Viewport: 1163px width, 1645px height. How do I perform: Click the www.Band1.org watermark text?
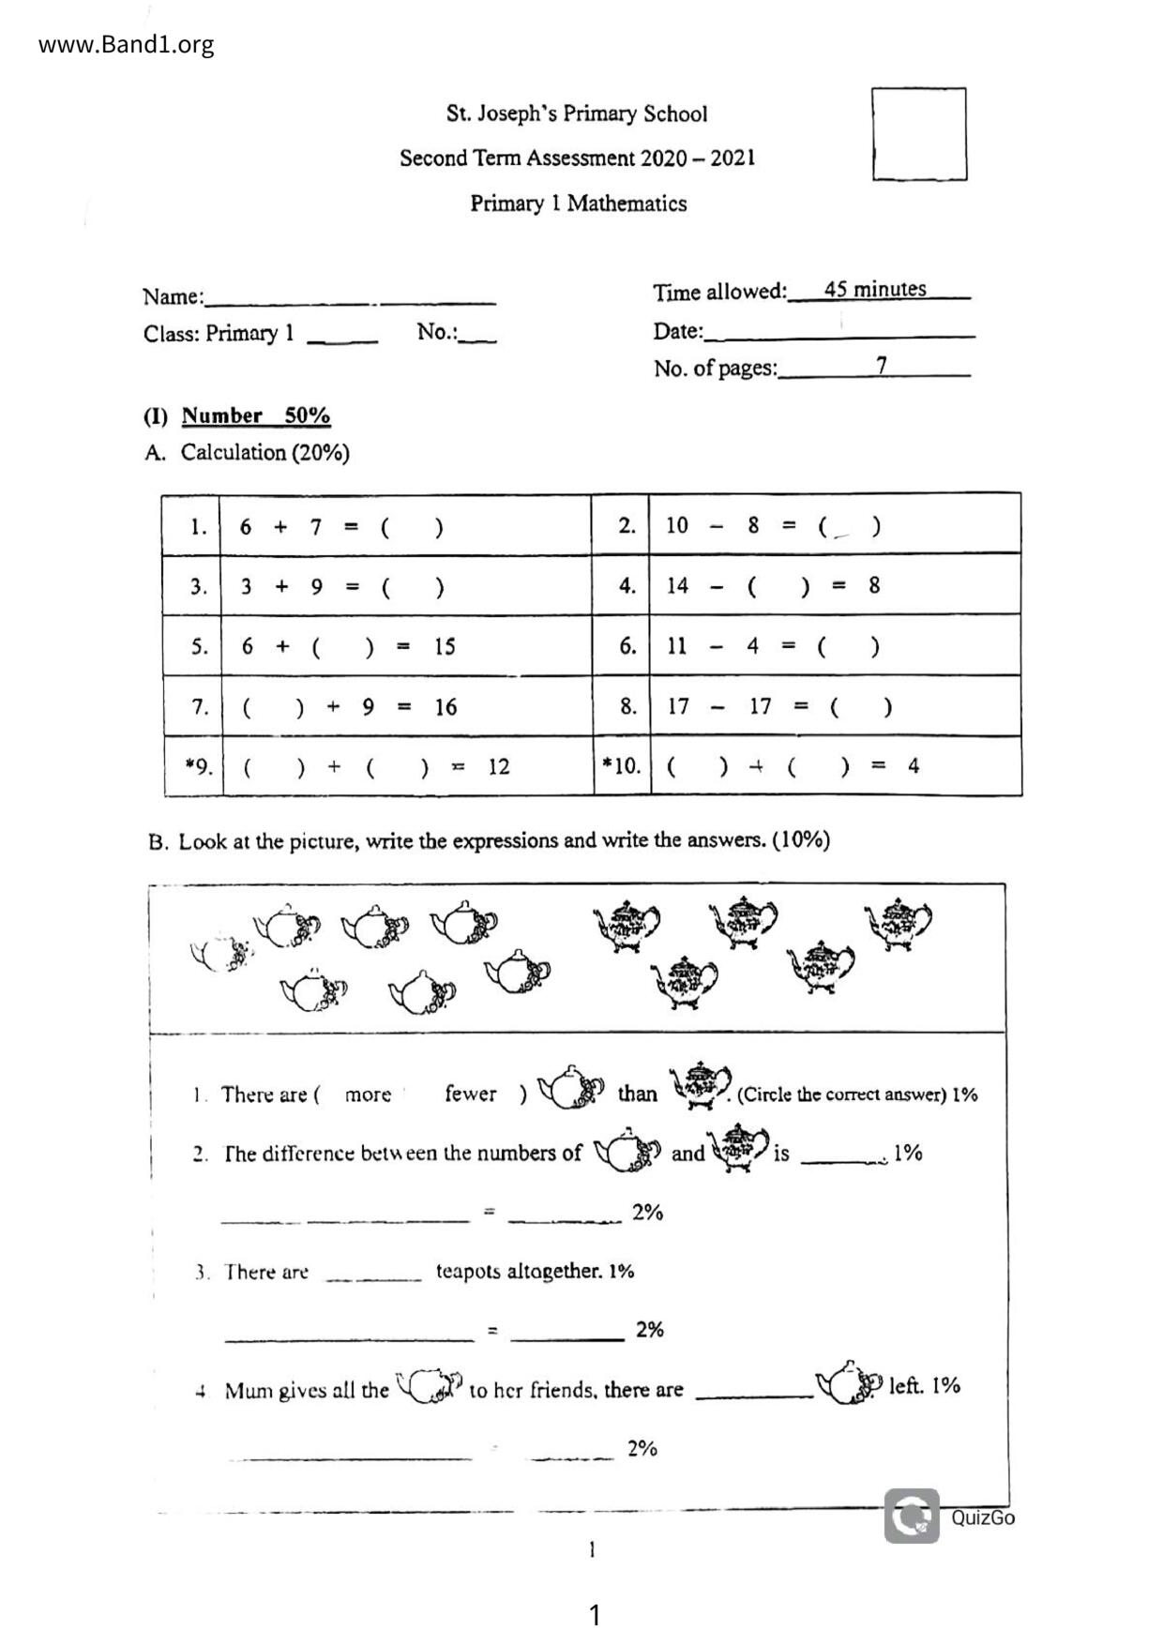(x=126, y=45)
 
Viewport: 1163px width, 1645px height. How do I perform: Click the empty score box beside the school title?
(x=918, y=134)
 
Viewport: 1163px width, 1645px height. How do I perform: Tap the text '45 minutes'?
(x=875, y=289)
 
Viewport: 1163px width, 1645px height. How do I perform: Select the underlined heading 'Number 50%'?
(x=255, y=415)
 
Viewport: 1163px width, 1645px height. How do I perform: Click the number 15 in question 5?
(x=445, y=647)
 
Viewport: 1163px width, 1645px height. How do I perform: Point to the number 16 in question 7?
(x=446, y=707)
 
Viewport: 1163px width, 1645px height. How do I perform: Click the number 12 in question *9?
(x=499, y=767)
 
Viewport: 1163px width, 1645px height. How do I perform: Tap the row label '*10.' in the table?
(x=622, y=766)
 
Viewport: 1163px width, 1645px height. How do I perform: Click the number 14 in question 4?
(x=677, y=586)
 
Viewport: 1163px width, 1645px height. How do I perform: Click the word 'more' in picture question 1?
(x=368, y=1094)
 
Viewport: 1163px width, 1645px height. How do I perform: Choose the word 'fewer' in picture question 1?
(x=470, y=1094)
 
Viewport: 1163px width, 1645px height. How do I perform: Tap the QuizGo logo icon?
(x=911, y=1517)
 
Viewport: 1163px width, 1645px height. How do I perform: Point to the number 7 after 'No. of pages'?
(x=882, y=365)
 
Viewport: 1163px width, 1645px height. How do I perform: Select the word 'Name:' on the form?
(x=173, y=297)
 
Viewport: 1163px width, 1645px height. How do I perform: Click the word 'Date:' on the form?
(x=677, y=331)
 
